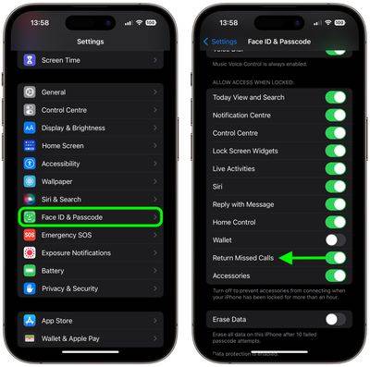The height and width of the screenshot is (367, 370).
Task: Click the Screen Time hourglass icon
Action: pyautogui.click(x=30, y=59)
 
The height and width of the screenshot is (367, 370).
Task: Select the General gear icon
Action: pyautogui.click(x=30, y=92)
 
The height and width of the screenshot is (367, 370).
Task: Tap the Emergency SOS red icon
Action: pyautogui.click(x=30, y=235)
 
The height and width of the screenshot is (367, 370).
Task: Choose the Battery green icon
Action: pyautogui.click(x=30, y=271)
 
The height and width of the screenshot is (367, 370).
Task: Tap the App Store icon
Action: pyautogui.click(x=30, y=322)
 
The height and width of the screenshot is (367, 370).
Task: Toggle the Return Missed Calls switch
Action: pyautogui.click(x=336, y=258)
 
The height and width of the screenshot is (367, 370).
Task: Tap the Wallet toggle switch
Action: pyautogui.click(x=336, y=239)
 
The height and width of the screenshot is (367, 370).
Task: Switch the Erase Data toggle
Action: pyautogui.click(x=336, y=319)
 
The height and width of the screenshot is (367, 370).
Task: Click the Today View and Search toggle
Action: pyautogui.click(x=336, y=97)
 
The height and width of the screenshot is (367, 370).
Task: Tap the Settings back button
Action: pyautogui.click(x=221, y=42)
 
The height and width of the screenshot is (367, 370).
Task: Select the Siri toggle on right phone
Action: pyautogui.click(x=336, y=186)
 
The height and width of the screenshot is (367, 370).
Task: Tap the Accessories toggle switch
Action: pyautogui.click(x=336, y=275)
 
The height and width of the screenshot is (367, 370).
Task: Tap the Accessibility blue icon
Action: pyautogui.click(x=30, y=164)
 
